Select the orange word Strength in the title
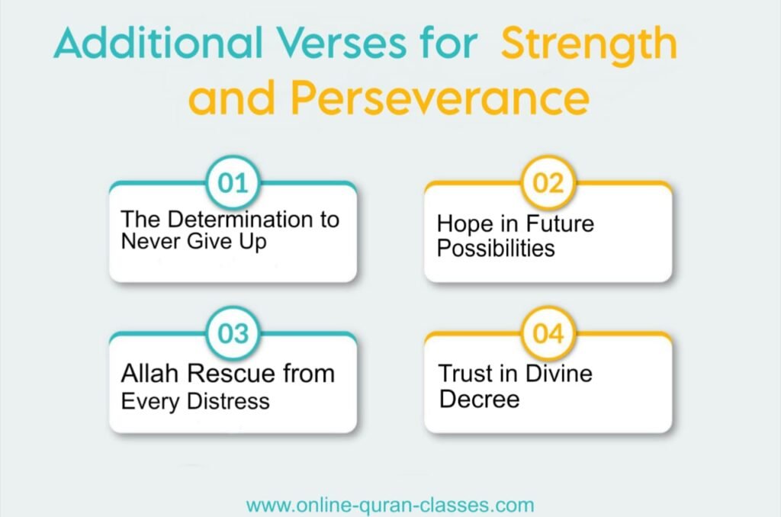588,45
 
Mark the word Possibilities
496,249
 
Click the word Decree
479,399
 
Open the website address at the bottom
390,505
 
